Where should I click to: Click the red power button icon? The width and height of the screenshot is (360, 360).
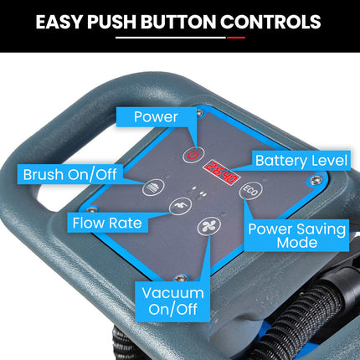point(193,154)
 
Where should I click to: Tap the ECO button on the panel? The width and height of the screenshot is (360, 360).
point(251,191)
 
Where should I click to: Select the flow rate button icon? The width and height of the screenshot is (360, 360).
point(180,206)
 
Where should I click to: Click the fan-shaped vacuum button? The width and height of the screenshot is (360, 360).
point(209,226)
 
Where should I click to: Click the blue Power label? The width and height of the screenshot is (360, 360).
point(156,117)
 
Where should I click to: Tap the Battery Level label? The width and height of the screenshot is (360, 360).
point(301,161)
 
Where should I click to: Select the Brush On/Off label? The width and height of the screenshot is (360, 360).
point(69,174)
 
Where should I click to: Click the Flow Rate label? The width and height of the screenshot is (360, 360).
point(107,223)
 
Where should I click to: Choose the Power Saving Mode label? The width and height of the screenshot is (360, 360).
point(296,235)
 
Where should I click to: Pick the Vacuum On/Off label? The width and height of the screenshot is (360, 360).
point(172,301)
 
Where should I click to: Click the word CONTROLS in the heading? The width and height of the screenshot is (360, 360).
point(270,22)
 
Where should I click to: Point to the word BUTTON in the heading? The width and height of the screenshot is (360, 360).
point(178,22)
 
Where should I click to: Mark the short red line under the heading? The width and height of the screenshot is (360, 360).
point(236,38)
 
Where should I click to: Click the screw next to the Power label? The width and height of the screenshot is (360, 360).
point(199,112)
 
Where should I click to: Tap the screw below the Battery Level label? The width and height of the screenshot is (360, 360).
point(316,180)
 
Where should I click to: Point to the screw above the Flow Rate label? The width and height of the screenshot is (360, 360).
point(90,210)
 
